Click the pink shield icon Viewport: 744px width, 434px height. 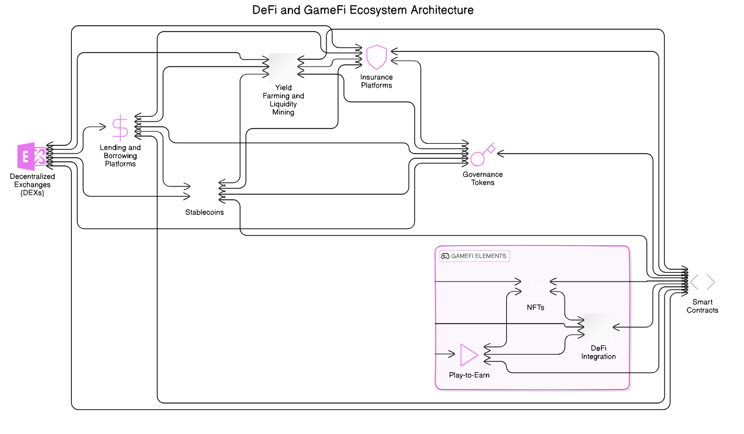[377, 57]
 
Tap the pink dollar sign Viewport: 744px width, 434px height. [120, 127]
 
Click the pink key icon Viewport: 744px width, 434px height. [483, 154]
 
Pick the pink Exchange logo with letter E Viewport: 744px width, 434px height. [32, 157]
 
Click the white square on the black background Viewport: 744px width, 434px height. [283, 68]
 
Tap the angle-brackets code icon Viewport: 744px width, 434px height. [703, 283]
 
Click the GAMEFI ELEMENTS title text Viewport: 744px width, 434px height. [479, 256]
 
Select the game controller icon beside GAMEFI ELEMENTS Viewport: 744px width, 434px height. [445, 256]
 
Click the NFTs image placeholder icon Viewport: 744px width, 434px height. [536, 287]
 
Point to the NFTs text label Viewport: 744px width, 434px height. [536, 307]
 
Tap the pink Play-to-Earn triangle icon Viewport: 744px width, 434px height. [469, 355]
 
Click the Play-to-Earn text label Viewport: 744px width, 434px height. [469, 375]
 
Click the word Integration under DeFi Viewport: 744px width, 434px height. [599, 356]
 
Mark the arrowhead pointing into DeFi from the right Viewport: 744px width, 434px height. [615, 328]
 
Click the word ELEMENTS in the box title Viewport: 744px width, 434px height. [491, 256]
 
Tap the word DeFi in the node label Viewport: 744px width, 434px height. [599, 348]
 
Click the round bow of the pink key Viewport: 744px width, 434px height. [477, 159]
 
